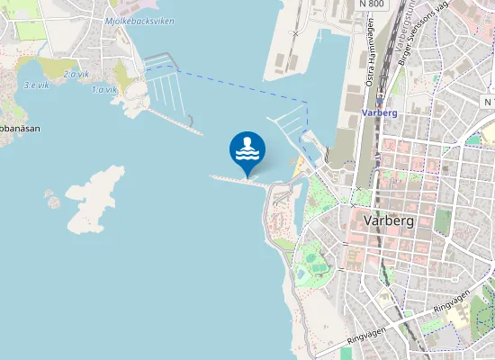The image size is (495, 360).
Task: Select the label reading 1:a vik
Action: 104,89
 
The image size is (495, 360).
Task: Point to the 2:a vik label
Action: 76,74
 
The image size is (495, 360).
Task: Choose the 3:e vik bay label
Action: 36,85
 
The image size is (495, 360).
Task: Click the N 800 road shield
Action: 371,4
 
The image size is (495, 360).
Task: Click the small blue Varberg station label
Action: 379,113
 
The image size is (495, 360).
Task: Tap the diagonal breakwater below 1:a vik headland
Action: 175,121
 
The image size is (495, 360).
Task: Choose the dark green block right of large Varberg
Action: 443,221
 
